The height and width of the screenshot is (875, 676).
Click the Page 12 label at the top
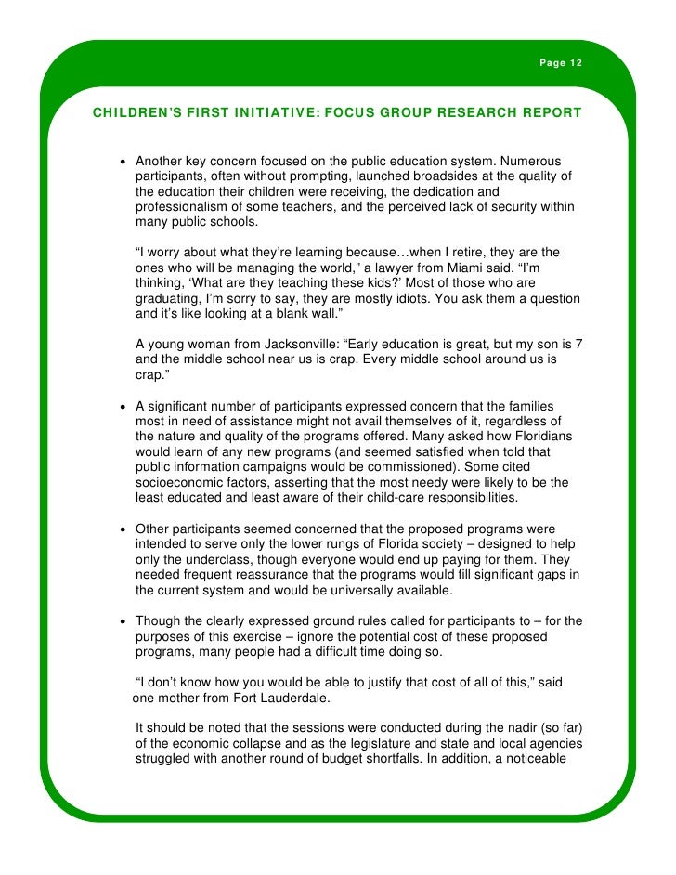point(561,62)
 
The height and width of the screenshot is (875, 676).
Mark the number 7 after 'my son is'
point(578,344)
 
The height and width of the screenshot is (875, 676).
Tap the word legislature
point(396,743)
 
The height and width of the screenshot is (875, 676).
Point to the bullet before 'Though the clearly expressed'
point(123,621)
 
